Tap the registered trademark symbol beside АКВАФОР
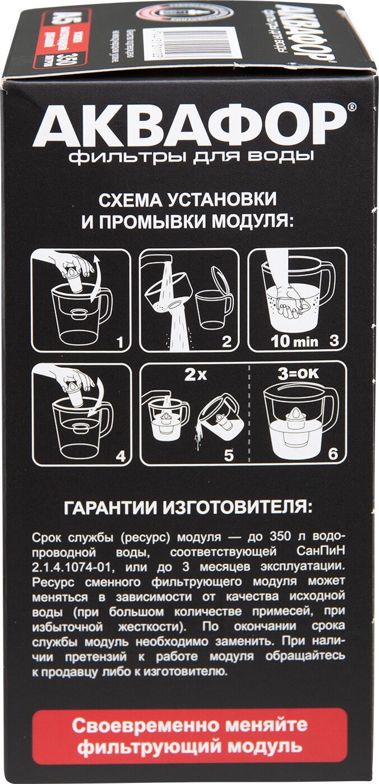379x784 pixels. pos(350,106)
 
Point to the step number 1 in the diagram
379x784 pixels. pos(118,341)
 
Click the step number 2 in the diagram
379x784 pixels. pos(227,341)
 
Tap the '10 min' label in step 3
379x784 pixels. pos(294,341)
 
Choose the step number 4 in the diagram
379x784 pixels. pos(119,455)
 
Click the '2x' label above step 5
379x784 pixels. pos(195,375)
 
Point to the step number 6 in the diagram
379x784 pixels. pos(333,455)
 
